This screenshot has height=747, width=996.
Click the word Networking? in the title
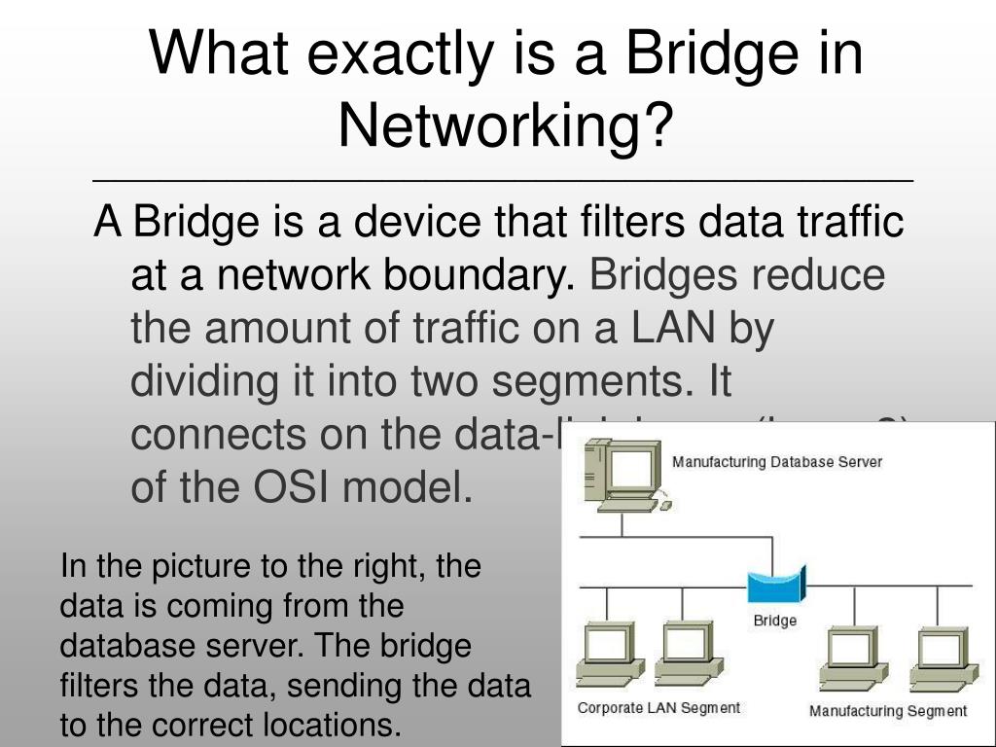pyautogui.click(x=505, y=124)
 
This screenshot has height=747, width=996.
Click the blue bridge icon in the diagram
pyautogui.click(x=776, y=587)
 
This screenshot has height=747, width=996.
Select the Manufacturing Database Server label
pyautogui.click(x=776, y=462)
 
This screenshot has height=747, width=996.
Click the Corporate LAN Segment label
pyautogui.click(x=658, y=708)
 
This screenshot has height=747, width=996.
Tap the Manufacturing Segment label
pyautogui.click(x=887, y=711)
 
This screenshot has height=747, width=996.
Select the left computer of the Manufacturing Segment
pyautogui.click(x=853, y=658)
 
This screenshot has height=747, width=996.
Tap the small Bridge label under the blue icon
pyautogui.click(x=775, y=621)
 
